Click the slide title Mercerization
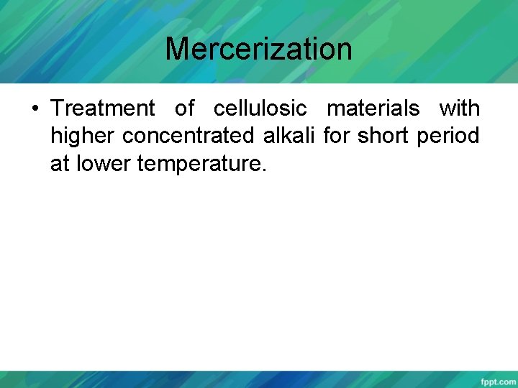[x=258, y=49]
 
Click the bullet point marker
[x=35, y=109]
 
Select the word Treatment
[x=103, y=108]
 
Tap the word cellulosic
[x=260, y=108]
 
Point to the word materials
[x=373, y=108]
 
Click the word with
[x=459, y=108]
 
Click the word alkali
[x=296, y=137]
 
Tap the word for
[x=336, y=137]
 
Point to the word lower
[x=101, y=165]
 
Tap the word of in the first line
[x=184, y=108]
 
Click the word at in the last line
[x=59, y=165]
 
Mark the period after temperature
[x=264, y=170]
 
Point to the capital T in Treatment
[x=57, y=108]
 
